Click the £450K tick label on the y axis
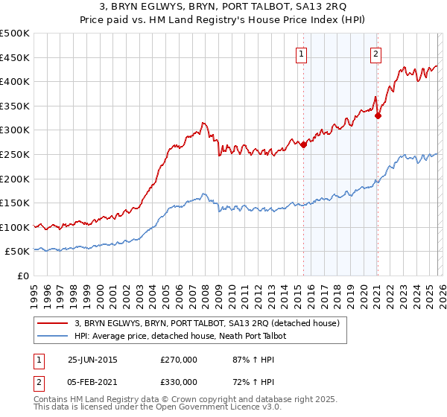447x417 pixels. point(16,57)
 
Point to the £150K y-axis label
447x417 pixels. point(16,203)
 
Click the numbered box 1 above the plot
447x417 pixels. point(302,53)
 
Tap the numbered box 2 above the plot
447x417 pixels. point(376,53)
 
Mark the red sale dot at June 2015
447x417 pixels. point(303,145)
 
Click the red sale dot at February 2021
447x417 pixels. point(378,115)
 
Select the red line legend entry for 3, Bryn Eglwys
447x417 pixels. point(207,323)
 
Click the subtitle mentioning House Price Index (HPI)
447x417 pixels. point(223,20)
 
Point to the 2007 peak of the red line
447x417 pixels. point(202,123)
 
